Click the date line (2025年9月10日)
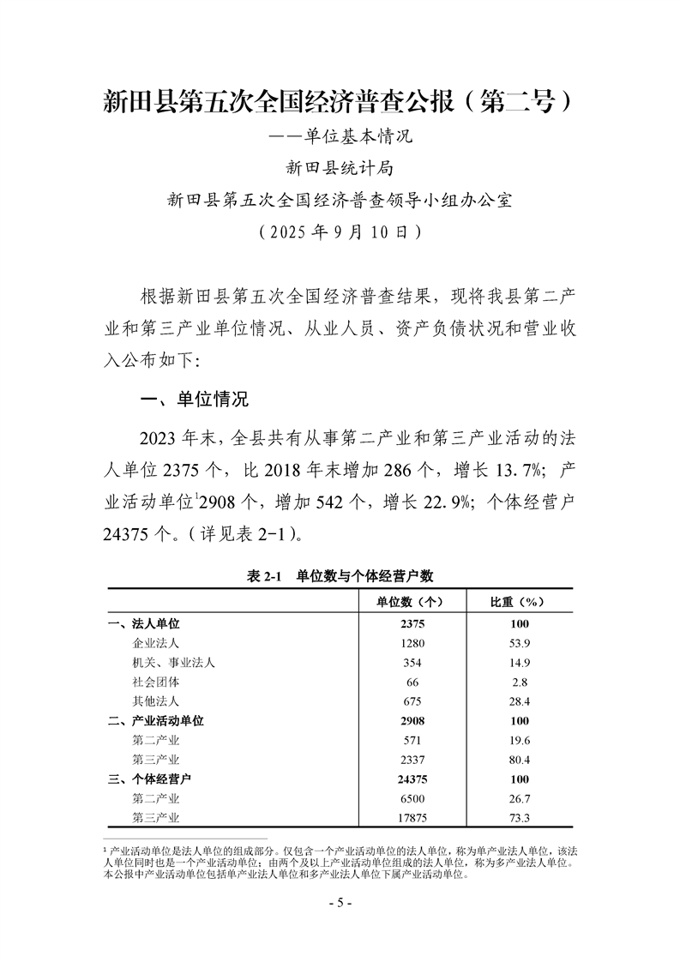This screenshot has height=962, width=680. click(340, 231)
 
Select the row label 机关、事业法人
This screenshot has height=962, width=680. click(174, 662)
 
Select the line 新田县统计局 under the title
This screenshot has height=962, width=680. click(340, 167)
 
